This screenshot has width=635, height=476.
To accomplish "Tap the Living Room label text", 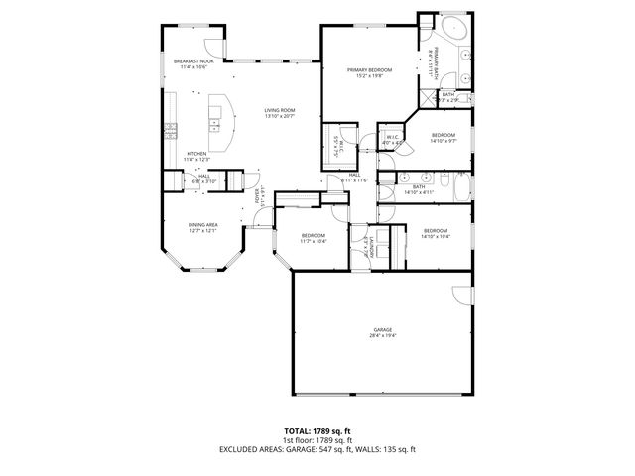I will coord(279,110).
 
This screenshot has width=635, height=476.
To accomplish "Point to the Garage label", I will coord(382,329).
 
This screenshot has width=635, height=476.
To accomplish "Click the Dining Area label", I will coord(203,225).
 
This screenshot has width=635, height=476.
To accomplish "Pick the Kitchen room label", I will coord(196,153).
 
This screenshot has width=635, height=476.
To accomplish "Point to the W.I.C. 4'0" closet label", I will coord(391,137).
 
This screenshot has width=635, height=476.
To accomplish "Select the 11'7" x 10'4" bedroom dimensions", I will coord(313,241).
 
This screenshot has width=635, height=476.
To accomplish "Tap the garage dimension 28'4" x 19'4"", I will coord(382,336).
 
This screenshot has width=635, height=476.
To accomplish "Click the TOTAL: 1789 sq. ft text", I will coord(317,432).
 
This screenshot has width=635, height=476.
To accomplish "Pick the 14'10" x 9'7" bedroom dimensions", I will coord(443,141).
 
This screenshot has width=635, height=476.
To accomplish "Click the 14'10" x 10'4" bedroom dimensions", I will coord(436,237).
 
